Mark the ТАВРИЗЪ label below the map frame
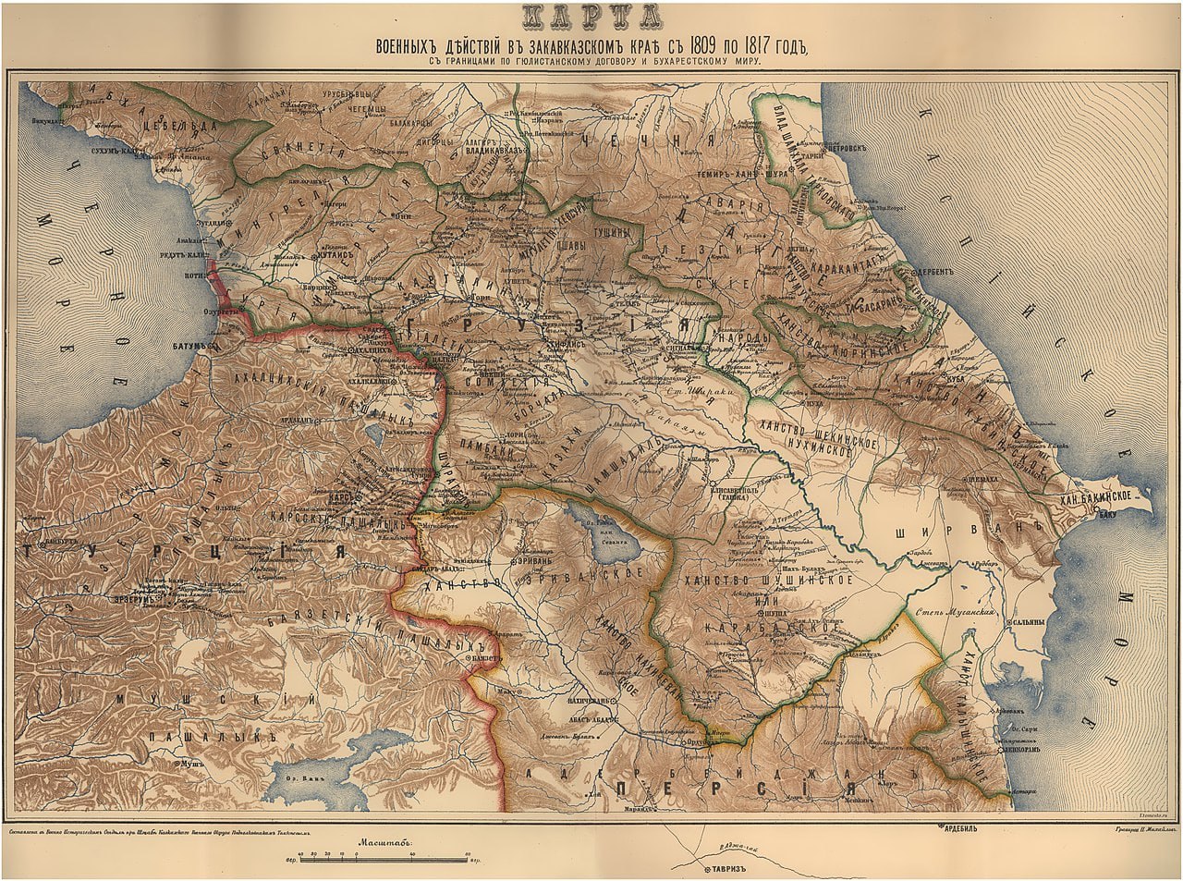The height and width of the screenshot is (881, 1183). click(723, 870)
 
